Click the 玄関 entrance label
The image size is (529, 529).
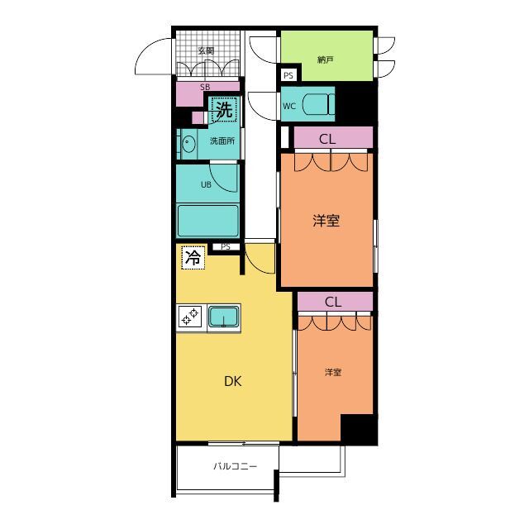(x=206, y=51)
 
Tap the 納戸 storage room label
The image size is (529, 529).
(x=325, y=60)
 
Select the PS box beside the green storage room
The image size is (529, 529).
(x=288, y=75)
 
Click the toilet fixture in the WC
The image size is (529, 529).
(x=318, y=105)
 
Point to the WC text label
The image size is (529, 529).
(x=289, y=107)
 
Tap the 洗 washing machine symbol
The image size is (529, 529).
(x=224, y=110)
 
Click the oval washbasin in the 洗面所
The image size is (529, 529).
(x=188, y=144)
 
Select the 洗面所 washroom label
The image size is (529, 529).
(x=222, y=141)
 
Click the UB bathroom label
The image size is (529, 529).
(x=206, y=184)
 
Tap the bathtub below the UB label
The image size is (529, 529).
(x=207, y=221)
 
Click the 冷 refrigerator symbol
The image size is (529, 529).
(x=193, y=258)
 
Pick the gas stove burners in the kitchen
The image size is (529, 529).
(x=190, y=316)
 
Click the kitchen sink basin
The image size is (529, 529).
(x=223, y=317)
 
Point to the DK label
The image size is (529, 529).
(x=233, y=381)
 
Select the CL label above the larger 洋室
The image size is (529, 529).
(x=327, y=139)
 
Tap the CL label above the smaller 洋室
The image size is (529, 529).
(x=333, y=302)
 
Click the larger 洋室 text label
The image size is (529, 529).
(x=326, y=221)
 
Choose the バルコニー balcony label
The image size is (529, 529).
(x=235, y=466)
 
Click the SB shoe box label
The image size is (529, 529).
(x=205, y=87)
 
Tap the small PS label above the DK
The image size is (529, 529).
(x=226, y=247)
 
